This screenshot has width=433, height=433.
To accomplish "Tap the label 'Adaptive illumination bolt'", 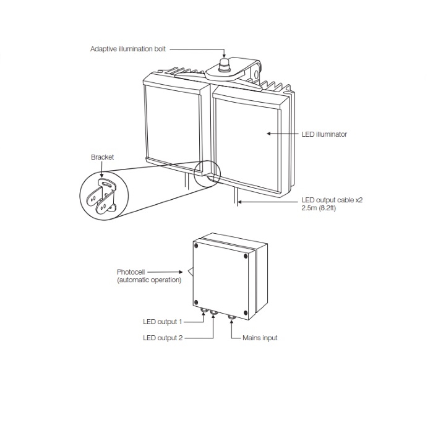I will [128, 48].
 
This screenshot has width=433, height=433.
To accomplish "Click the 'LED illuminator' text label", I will [324, 134].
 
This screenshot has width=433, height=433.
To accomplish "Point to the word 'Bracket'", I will [103, 157].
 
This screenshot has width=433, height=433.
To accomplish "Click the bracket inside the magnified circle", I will [104, 197].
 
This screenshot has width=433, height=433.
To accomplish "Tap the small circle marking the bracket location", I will [207, 174].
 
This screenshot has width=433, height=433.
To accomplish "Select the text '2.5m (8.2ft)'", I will [319, 208].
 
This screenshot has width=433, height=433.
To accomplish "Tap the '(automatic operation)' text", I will [149, 280].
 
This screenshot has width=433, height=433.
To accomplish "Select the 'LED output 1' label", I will [163, 322].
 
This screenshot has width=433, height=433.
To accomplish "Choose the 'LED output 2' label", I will [163, 338].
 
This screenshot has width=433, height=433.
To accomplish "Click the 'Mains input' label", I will [260, 338].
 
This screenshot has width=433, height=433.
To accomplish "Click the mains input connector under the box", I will [231, 319].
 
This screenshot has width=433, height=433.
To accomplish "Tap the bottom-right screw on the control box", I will [246, 312].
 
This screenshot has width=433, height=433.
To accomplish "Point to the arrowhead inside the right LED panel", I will [270, 133].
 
